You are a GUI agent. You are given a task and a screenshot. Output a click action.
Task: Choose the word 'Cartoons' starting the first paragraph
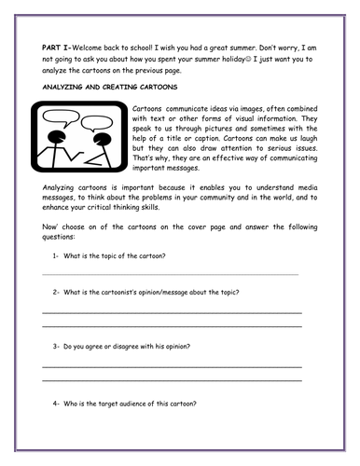coord(151,109)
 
